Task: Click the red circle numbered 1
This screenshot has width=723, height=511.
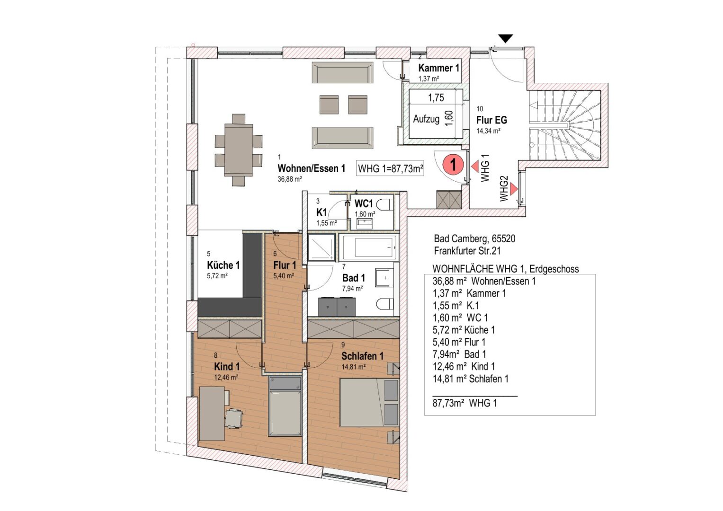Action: point(453,165)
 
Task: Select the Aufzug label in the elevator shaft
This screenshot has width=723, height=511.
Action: point(426,119)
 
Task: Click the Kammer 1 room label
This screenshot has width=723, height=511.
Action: point(438,68)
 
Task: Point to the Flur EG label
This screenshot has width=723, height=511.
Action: point(491,120)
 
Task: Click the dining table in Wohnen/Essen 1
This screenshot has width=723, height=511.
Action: point(239,150)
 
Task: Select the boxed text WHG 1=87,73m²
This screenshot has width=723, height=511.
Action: point(390,168)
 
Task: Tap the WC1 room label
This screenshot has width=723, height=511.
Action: point(364,204)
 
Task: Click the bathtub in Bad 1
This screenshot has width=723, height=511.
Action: point(370,247)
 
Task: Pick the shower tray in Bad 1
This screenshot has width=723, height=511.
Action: point(321,247)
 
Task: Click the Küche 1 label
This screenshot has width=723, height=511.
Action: point(223,265)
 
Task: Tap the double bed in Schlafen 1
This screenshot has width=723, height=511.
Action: point(369,403)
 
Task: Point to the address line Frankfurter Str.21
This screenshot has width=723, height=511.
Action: point(467,251)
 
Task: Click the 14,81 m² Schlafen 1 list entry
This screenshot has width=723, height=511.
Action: point(470,379)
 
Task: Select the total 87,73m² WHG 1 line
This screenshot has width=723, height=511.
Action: point(464,403)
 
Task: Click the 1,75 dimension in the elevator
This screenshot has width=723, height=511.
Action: point(436,98)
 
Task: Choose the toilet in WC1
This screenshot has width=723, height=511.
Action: point(385,205)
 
